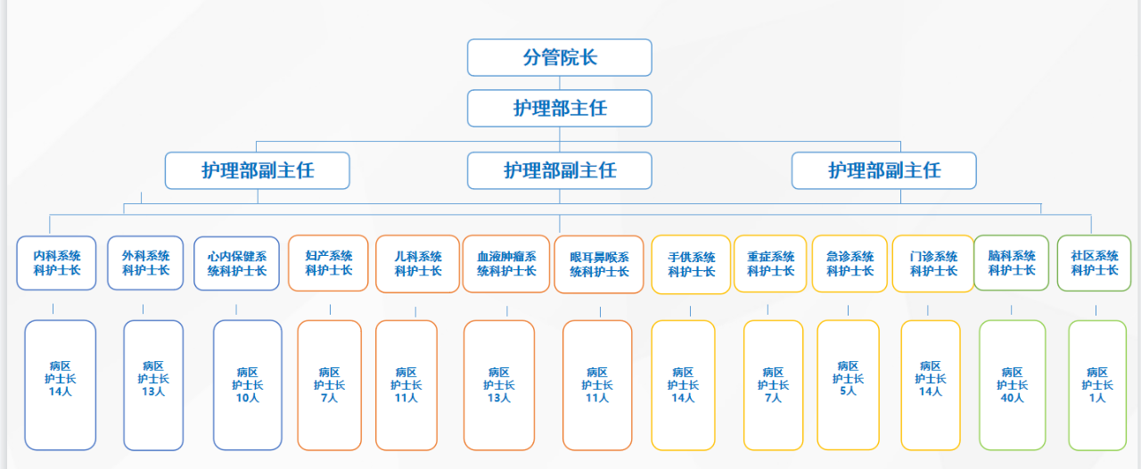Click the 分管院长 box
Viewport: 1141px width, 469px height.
(x=559, y=58)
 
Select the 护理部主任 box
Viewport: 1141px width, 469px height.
(x=559, y=108)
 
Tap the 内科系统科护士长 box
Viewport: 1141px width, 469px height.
(x=57, y=263)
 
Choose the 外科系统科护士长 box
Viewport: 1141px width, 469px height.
(x=145, y=263)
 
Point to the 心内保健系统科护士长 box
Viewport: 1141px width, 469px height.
(x=236, y=264)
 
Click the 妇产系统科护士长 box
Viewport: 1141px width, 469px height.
(x=328, y=263)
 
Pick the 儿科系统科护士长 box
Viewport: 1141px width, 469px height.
(x=417, y=264)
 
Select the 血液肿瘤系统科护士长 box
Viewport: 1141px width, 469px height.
(x=506, y=264)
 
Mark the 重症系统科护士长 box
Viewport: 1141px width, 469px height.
(x=770, y=264)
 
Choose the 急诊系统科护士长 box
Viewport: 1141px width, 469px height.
(x=850, y=264)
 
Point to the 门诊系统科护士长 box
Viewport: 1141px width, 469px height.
(x=932, y=264)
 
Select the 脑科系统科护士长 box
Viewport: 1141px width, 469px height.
(x=1011, y=263)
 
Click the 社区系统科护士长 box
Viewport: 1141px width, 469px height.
(x=1094, y=263)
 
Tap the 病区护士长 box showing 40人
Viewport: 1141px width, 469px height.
(x=1012, y=385)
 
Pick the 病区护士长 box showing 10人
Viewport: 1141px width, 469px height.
(x=247, y=385)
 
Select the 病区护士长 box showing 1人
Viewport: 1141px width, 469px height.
(x=1096, y=385)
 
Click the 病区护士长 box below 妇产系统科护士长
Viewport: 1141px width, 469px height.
(x=329, y=385)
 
